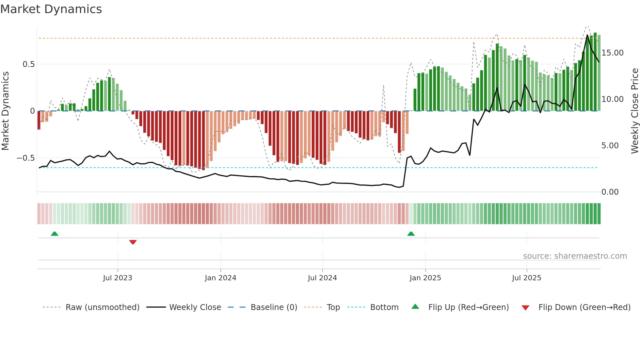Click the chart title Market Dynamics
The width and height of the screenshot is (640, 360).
51,9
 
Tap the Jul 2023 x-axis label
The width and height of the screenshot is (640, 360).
118,278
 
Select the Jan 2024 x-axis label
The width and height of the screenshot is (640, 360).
220,278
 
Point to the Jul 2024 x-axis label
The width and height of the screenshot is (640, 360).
322,278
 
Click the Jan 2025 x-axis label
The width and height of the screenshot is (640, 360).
425,278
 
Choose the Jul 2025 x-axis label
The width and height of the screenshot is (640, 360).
526,278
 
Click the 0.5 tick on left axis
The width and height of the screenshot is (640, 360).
29,64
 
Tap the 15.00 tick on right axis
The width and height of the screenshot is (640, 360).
612,53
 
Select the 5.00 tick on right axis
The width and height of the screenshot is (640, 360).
610,146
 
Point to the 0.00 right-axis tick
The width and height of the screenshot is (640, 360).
610,192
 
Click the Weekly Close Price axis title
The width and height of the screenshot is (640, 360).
634,111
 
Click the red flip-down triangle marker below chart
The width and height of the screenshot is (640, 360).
133,242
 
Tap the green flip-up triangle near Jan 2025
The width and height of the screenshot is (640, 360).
411,234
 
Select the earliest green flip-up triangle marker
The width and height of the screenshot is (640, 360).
55,234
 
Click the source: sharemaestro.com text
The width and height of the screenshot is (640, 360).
575,256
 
